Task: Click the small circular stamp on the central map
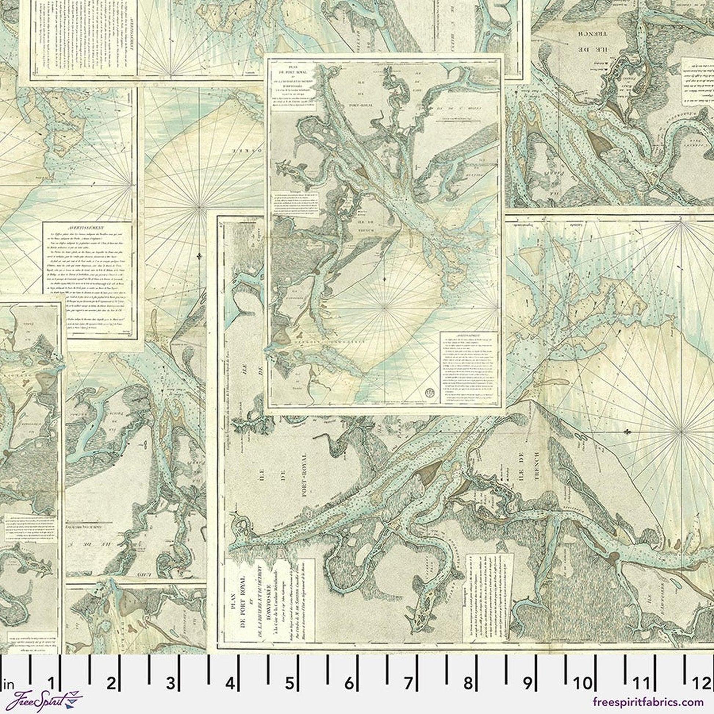coord(430,393)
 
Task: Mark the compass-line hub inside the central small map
coord(385,306)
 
